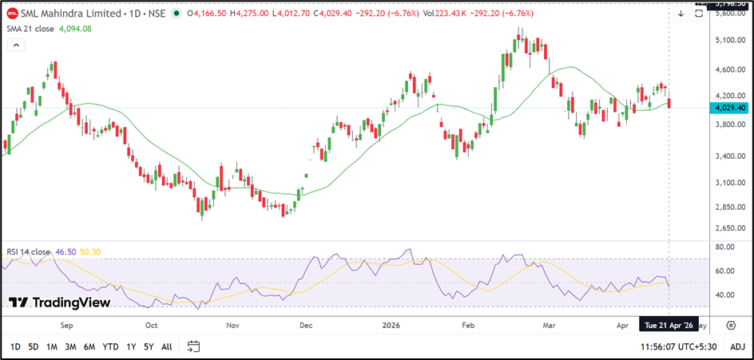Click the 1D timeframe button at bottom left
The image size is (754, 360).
coord(15,346)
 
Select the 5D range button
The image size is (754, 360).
coord(34,346)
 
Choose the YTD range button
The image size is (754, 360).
coord(111,346)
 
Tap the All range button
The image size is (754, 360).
coord(166,346)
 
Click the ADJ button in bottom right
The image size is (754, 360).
coord(737,346)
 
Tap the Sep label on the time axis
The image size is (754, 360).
coord(66,326)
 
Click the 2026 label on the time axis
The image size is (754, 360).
coord(391,326)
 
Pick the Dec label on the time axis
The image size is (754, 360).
coord(305,326)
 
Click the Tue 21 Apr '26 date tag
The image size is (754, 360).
coord(668,326)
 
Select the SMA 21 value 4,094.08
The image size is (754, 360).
coord(76,29)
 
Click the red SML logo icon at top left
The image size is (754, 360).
coord(11,13)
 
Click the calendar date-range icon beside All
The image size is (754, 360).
coord(193,346)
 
